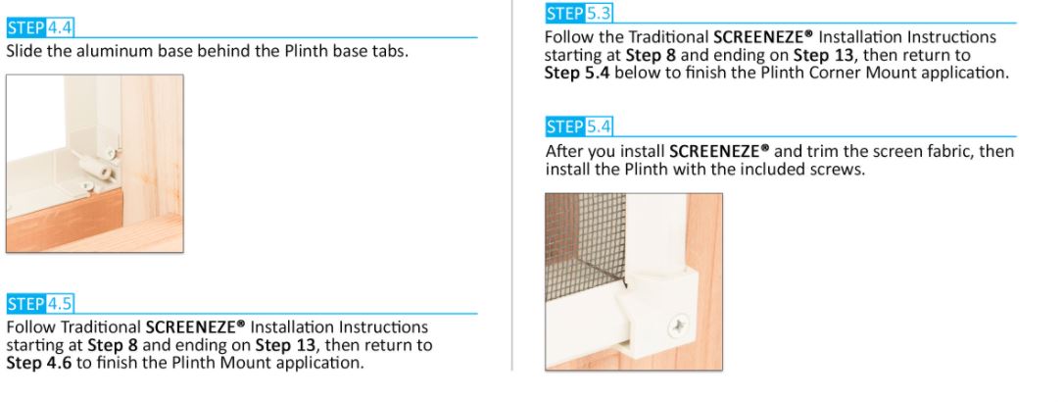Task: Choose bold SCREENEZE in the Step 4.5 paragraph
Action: pos(189,327)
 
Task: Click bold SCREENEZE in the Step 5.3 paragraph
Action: pos(758,37)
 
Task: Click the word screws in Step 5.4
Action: pos(841,170)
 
